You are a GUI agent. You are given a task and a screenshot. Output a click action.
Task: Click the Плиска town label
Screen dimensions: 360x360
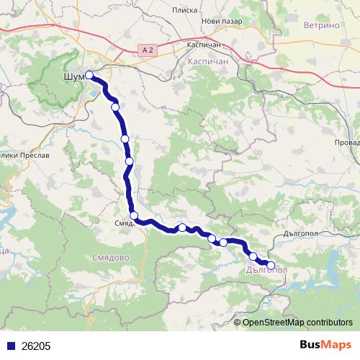[x=185, y=11]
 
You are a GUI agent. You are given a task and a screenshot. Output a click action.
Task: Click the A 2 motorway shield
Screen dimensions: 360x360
[x=147, y=48]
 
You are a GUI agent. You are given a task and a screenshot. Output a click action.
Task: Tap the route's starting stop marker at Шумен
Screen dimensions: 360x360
[x=89, y=75]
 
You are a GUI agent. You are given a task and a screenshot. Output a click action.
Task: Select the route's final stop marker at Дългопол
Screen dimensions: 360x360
[x=271, y=265]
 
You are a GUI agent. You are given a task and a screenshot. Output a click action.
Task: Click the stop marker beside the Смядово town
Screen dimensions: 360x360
[x=134, y=215]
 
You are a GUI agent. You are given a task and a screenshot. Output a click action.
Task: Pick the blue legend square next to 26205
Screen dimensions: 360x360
[x=9, y=346]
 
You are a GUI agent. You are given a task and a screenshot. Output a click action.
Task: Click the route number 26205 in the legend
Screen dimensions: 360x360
[x=36, y=346]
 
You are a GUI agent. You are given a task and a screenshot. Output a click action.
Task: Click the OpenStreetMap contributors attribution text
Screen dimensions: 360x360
[x=297, y=323]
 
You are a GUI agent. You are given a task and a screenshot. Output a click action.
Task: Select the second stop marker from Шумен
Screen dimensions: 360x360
[x=115, y=107]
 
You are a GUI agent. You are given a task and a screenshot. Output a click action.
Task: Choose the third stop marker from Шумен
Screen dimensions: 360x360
[x=125, y=138]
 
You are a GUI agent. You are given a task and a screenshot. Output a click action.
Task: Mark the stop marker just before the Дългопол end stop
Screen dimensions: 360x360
[x=253, y=256]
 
